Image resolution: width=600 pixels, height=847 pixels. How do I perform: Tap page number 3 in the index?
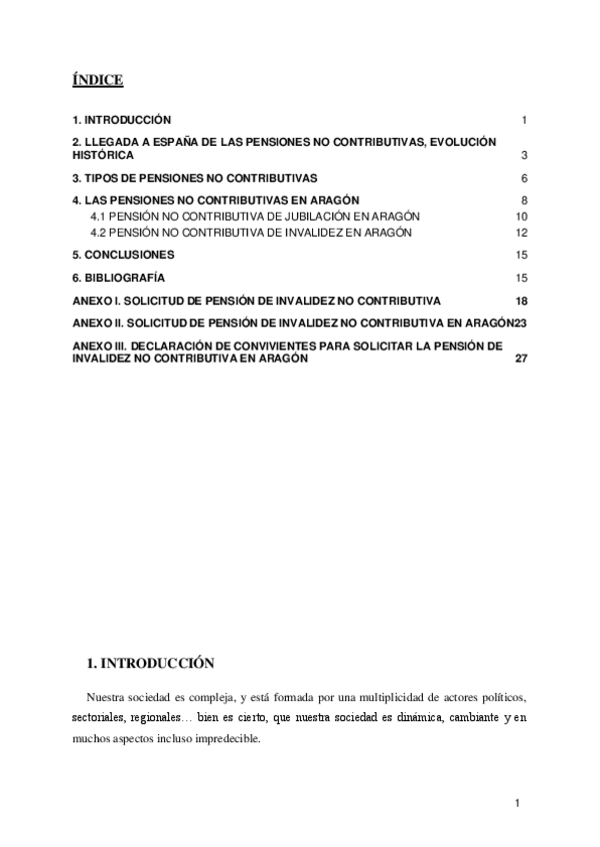point(524,157)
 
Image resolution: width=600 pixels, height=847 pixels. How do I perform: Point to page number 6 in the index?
point(524,179)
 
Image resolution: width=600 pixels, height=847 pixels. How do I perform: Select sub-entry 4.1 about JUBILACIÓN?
point(255,216)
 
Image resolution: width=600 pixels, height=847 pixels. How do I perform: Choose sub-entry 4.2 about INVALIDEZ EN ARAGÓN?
point(251,233)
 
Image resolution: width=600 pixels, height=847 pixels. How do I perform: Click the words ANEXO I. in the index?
point(98,300)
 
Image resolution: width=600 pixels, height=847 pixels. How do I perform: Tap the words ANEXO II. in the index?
point(100,324)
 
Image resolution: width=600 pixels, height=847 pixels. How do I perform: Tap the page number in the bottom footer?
point(517,803)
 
